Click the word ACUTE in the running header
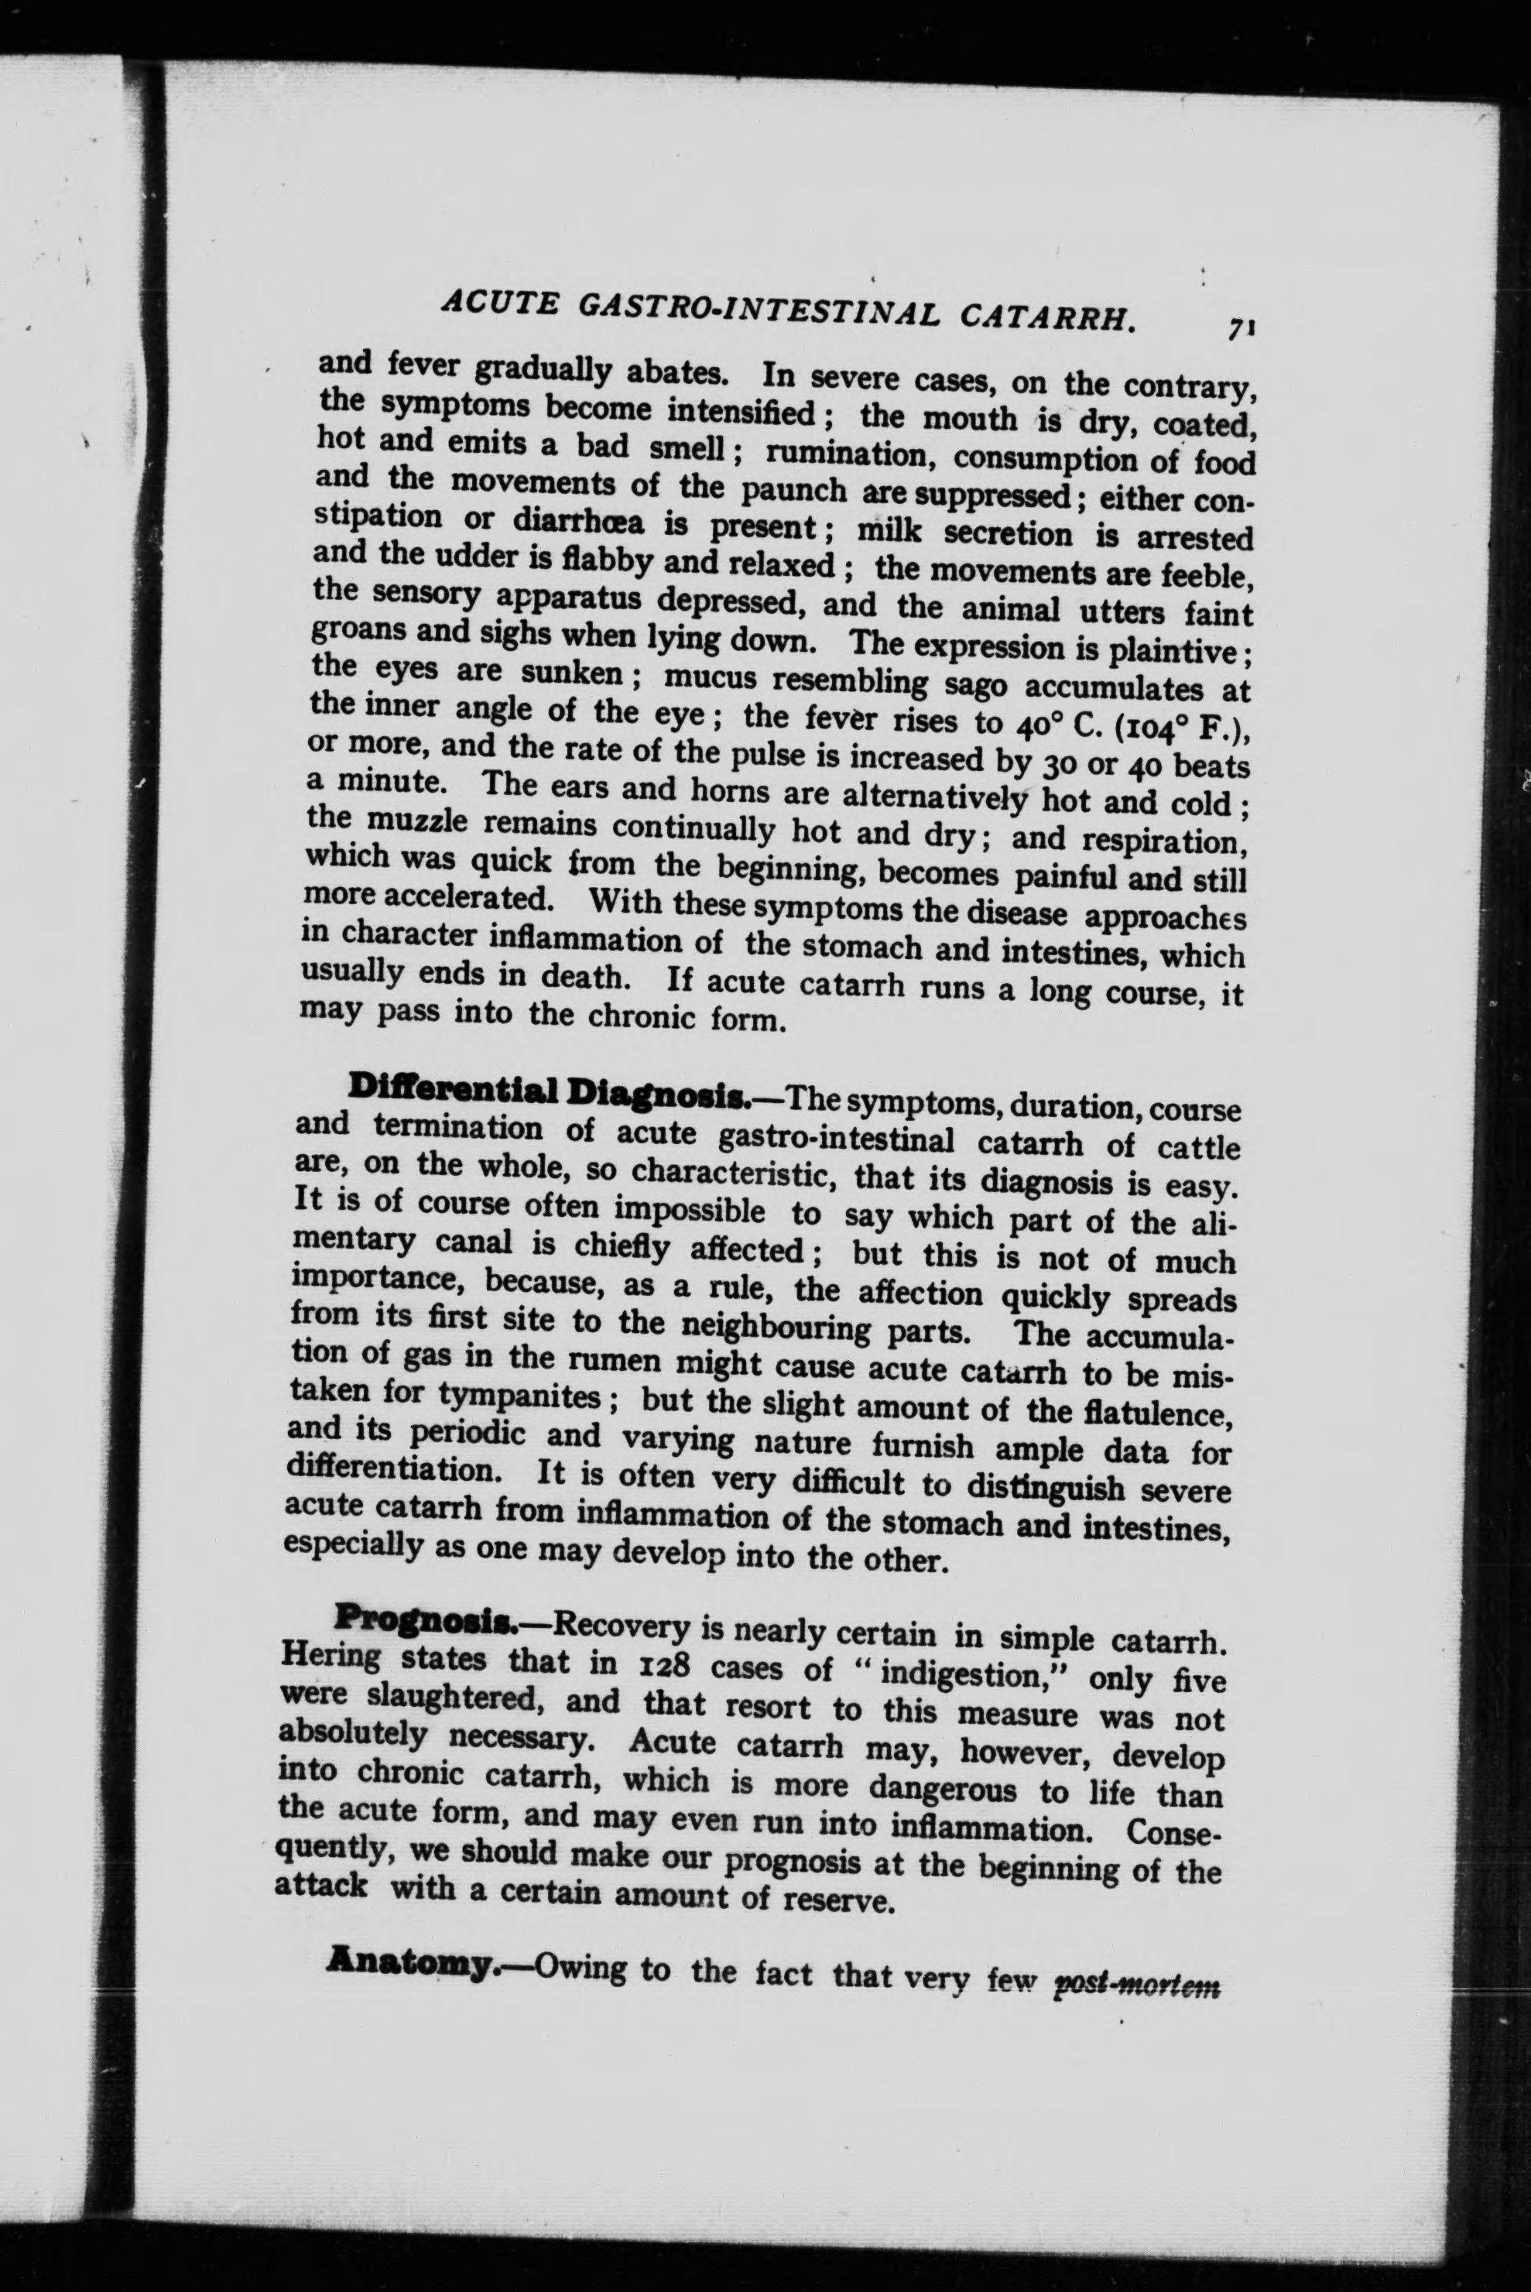(500, 305)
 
